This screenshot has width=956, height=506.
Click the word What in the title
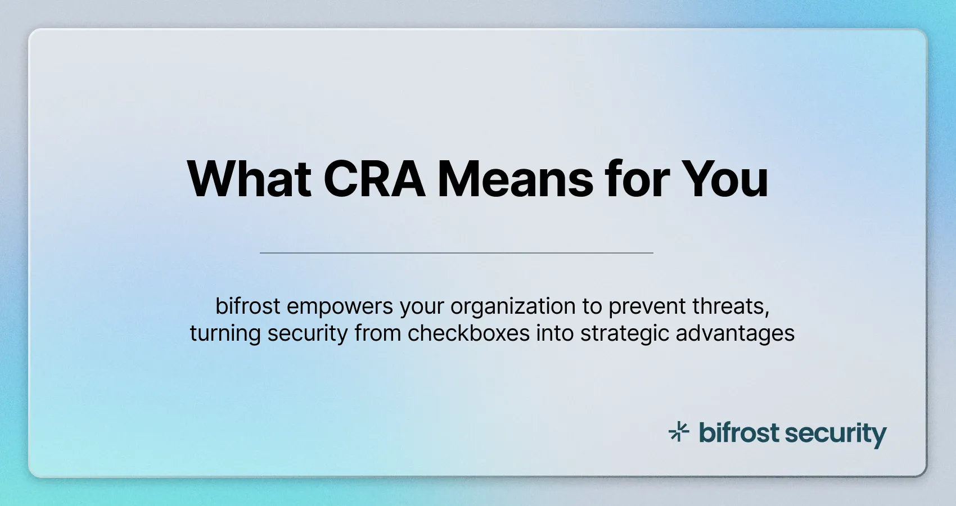point(249,179)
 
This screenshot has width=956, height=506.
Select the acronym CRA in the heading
point(375,179)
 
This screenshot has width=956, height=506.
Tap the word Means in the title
point(516,179)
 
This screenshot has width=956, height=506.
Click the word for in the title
point(637,179)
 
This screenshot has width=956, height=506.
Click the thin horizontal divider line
point(456,253)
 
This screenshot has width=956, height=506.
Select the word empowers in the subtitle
point(340,306)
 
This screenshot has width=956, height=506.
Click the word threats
point(730,306)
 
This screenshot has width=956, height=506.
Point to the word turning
point(225,333)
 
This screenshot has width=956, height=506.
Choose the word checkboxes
point(468,333)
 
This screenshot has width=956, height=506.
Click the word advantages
point(735,333)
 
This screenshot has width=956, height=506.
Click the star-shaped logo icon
point(679,432)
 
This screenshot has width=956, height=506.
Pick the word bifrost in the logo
point(739,433)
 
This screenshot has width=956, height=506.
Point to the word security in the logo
point(836,434)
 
